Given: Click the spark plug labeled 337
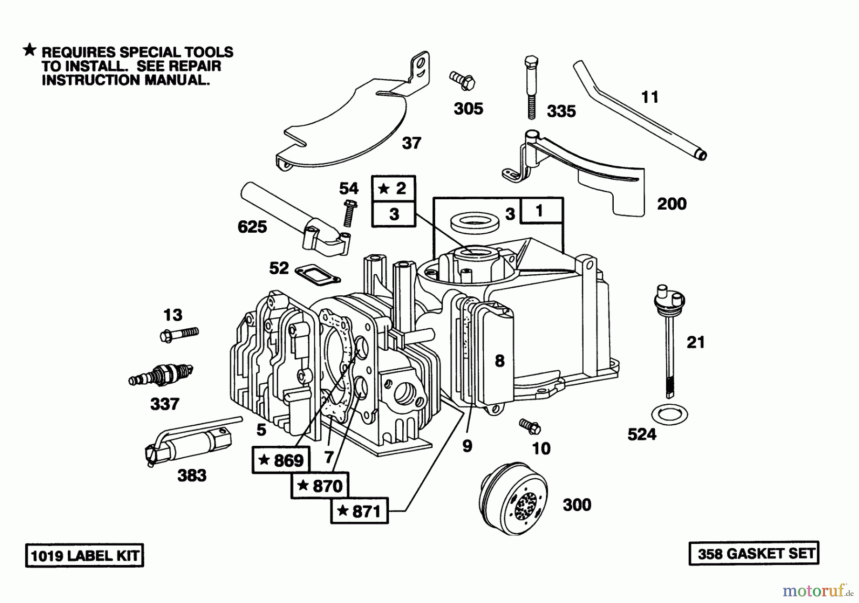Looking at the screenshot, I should (x=161, y=375).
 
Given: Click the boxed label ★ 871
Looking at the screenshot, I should (x=359, y=511).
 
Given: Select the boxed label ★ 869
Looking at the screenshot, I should (x=281, y=460).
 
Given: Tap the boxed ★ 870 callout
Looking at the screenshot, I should (x=320, y=486).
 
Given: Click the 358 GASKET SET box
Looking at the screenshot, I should (x=754, y=553).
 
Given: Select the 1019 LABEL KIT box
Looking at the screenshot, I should (x=84, y=556).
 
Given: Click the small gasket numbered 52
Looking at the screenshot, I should (x=317, y=274).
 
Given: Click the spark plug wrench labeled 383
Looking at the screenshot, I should (x=189, y=442).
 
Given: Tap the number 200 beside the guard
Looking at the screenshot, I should (x=671, y=204).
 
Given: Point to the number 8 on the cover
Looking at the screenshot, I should (x=500, y=361).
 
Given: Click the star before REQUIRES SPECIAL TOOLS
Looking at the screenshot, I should (x=30, y=50).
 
